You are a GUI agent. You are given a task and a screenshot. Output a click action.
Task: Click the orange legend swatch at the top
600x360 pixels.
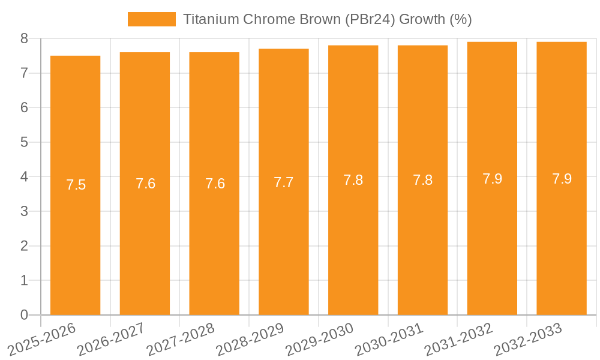pos(151,19)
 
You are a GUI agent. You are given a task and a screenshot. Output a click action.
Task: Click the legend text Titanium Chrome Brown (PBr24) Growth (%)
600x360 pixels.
pos(327,19)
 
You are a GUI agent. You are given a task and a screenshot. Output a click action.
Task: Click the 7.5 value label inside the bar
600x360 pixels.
pos(76,185)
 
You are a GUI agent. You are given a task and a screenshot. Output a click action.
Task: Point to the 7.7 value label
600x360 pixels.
pos(284,182)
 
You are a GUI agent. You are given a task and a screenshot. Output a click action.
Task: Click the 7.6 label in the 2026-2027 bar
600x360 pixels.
pos(145,184)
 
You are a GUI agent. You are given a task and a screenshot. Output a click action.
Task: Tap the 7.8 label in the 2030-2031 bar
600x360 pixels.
pos(422,180)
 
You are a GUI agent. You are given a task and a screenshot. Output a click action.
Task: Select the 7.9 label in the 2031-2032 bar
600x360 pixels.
pos(492,179)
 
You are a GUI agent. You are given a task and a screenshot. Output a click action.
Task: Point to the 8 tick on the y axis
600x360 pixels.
pos(24,38)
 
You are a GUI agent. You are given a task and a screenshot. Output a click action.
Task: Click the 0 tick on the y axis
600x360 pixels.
pos(24,315)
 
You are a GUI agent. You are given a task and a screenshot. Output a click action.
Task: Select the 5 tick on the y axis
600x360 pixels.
pos(24,142)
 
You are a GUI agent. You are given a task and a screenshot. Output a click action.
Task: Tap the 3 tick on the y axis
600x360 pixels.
pos(24,211)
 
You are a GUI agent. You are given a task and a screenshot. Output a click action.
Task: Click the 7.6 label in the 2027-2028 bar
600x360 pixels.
pos(215,184)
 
